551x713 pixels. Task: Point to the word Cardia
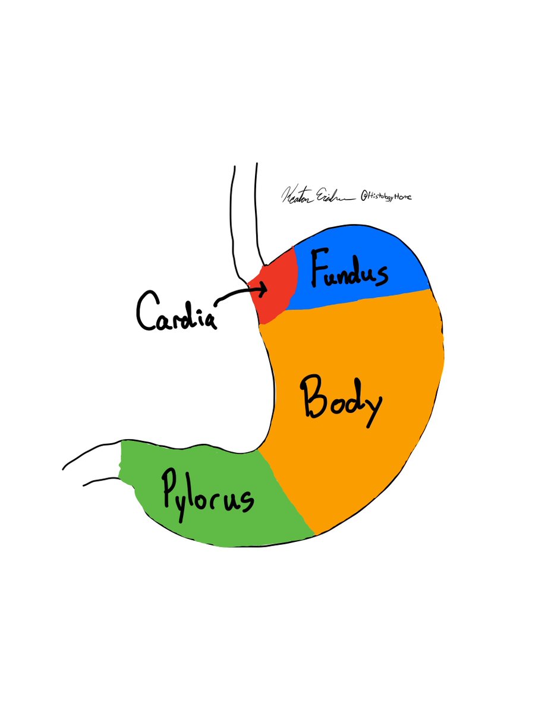(x=175, y=311)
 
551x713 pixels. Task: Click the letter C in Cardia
(x=145, y=311)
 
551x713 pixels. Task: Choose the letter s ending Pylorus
(x=246, y=502)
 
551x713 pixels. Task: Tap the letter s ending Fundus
(x=381, y=275)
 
